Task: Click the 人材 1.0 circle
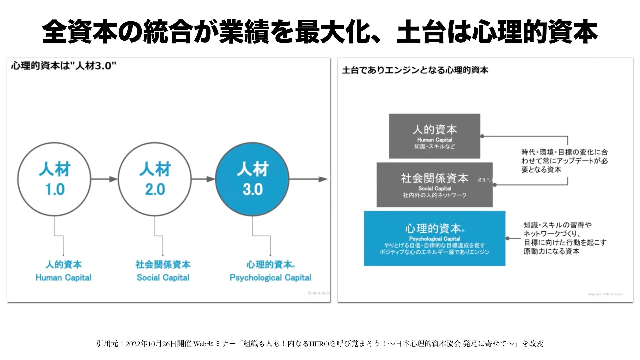coord(54,179)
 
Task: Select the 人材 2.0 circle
coord(155,179)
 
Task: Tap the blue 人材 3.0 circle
coord(252,179)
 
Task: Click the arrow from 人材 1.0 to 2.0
coord(104,179)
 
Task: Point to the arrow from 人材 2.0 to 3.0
coord(203,179)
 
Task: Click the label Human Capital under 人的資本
coord(63,278)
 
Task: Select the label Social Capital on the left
coord(163,278)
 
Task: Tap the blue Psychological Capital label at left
coord(270,278)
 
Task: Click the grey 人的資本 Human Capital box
coord(434,136)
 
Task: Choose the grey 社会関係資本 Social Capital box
coord(434,185)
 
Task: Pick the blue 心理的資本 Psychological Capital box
coord(434,238)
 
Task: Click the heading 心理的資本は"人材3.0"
coord(64,66)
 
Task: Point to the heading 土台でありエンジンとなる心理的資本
coord(415,70)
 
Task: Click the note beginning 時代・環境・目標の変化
coord(564,161)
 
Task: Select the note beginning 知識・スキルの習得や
coord(565,238)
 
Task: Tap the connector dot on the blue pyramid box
coord(508,238)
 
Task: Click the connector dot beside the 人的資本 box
coord(482,136)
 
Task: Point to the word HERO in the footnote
coord(319,344)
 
